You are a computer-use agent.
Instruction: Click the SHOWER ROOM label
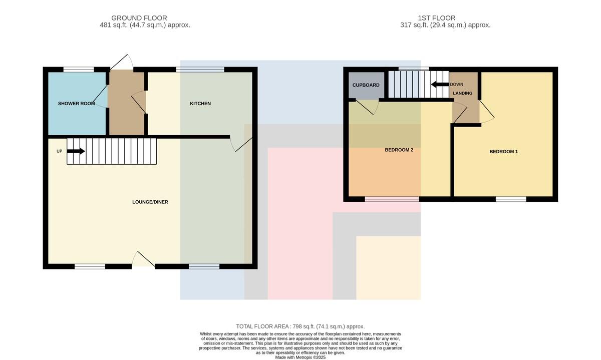point(77,104)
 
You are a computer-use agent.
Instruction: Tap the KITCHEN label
point(200,104)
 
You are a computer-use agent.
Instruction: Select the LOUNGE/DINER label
point(150,202)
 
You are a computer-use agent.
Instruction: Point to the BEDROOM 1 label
point(504,152)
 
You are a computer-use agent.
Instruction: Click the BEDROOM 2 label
point(399,150)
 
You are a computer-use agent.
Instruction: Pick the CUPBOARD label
point(366,85)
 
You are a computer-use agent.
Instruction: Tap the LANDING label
point(463,93)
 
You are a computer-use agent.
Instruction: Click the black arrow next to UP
point(76,151)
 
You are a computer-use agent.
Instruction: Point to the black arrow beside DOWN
point(440,85)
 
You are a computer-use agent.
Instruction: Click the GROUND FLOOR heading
point(139,18)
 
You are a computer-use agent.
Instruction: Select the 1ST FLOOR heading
point(437,18)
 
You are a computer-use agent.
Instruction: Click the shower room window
point(79,70)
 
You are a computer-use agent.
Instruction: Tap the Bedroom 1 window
point(511,199)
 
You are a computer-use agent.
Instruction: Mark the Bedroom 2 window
point(392,199)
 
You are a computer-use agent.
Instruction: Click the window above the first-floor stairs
point(414,69)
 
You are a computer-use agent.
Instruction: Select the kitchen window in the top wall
point(200,70)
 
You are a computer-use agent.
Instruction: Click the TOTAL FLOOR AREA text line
point(300,326)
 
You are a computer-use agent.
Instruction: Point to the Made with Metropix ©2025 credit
point(300,357)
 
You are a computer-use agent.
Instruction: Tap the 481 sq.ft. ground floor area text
point(145,25)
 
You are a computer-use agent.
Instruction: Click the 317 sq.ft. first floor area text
point(445,25)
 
